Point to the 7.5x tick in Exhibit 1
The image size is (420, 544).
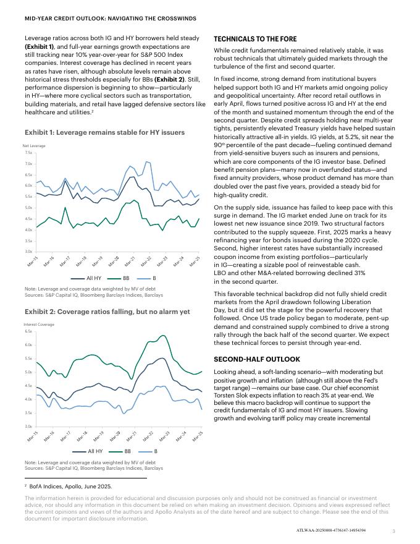(x=28, y=152)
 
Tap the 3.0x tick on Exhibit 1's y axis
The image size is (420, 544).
(x=28, y=252)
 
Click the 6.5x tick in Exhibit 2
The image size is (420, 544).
(x=28, y=332)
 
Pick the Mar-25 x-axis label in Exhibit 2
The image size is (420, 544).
(x=196, y=436)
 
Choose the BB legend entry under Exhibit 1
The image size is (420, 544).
(x=123, y=279)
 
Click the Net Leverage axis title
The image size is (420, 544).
(x=34, y=145)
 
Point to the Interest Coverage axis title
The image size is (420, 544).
(x=38, y=325)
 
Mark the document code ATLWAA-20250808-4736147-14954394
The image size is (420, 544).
(x=331, y=530)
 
